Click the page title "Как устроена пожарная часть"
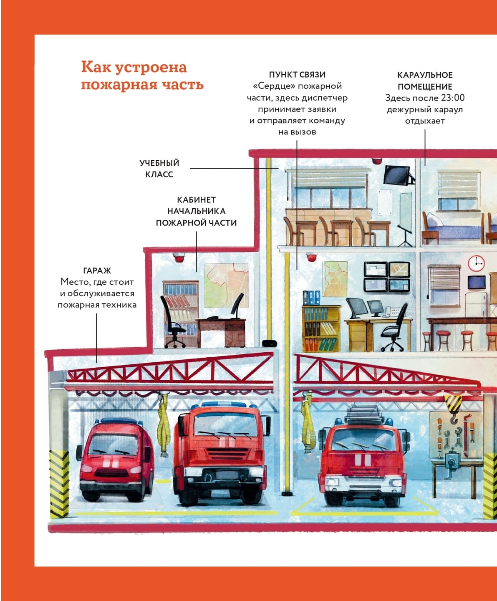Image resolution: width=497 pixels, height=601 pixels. tap(142, 76)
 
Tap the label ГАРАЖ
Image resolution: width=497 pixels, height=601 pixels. tap(97, 270)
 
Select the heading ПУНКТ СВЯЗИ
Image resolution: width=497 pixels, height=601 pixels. tap(297, 75)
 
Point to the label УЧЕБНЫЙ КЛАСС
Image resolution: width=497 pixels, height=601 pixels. tap(159, 169)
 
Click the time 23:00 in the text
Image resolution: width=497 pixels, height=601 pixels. tap(453, 98)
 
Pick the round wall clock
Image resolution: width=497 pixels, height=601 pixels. tap(476, 263)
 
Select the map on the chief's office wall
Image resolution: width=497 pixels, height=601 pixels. tap(226, 285)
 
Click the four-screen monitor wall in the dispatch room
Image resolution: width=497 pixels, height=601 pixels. tap(387, 276)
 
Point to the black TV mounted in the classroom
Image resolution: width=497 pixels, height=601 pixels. tap(398, 175)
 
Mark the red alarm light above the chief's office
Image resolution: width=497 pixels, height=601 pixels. tap(179, 258)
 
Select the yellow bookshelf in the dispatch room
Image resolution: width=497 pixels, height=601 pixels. tap(320, 329)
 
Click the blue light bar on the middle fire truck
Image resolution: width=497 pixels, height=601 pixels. tap(222, 404)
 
